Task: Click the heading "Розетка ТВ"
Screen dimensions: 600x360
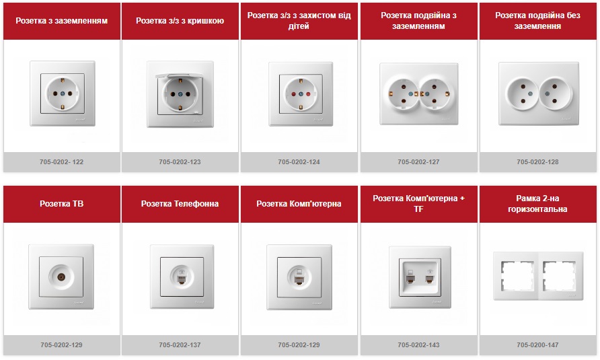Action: [x=62, y=204]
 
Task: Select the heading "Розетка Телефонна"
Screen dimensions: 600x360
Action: [x=180, y=204]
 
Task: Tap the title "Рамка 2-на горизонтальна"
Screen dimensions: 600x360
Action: [x=537, y=204]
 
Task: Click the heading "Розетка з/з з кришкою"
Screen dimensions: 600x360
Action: [x=180, y=21]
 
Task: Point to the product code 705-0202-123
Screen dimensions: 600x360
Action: [x=180, y=162]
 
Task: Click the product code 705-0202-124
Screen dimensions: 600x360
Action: [x=299, y=162]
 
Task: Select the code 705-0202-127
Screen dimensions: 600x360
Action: [x=418, y=162]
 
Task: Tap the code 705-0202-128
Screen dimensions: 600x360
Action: [x=537, y=162]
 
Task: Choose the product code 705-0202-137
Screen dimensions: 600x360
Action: [x=180, y=345]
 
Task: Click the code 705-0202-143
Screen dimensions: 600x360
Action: [x=418, y=345]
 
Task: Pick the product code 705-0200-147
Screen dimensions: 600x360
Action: [x=537, y=345]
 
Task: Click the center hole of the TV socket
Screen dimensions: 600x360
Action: [x=61, y=277]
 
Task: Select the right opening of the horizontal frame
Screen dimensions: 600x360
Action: [x=559, y=276]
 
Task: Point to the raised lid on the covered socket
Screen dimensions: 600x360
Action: [x=180, y=76]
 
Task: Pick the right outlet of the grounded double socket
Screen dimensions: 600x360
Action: [x=435, y=94]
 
